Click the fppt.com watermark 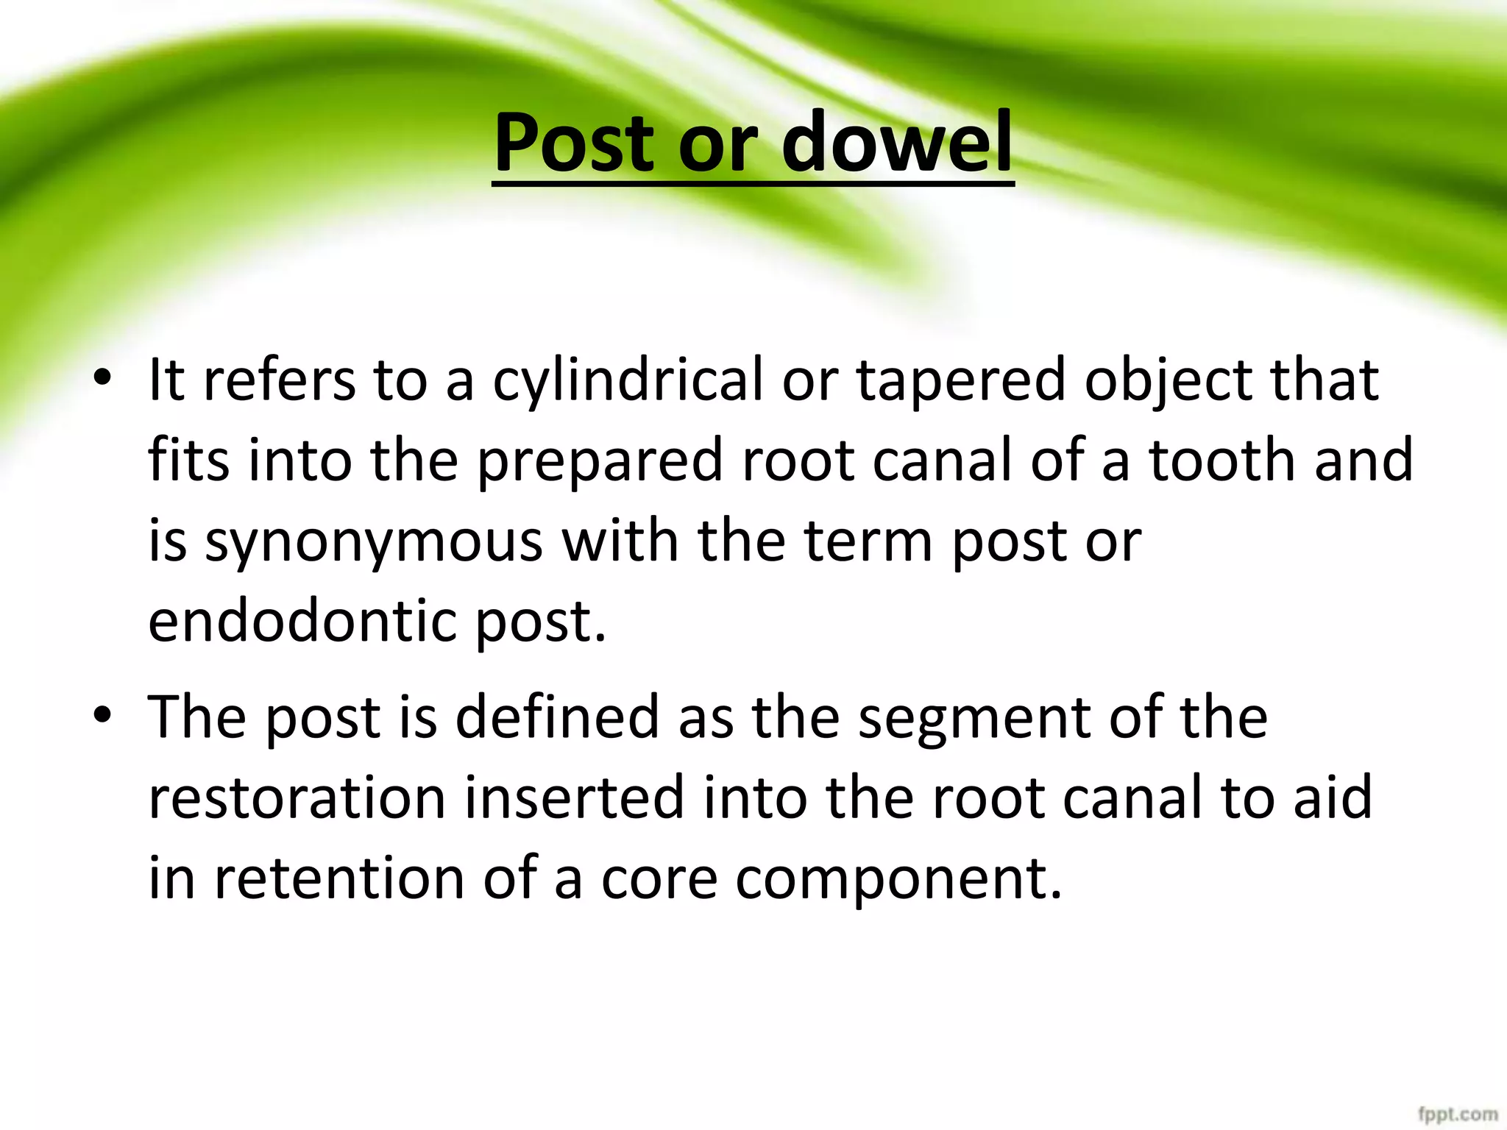point(1457,1113)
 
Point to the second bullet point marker point(102,717)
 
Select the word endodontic point(303,621)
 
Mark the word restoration point(297,797)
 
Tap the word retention point(339,878)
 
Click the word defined point(557,717)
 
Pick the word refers point(279,380)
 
